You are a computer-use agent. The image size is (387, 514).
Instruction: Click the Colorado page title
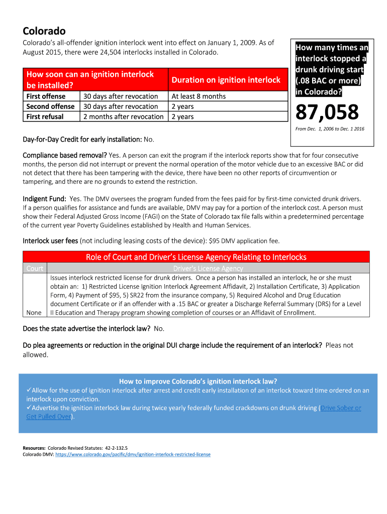pyautogui.click(x=44, y=31)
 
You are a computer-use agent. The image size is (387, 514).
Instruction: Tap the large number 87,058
pyautogui.click(x=327, y=112)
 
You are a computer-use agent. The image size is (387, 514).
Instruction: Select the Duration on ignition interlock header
pyautogui.click(x=226, y=80)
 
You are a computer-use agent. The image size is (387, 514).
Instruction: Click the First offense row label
pyautogui.click(x=46, y=96)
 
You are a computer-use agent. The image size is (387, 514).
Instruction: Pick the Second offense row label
pyautogui.click(x=50, y=106)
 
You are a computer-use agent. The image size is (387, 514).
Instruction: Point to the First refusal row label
pyautogui.click(x=45, y=116)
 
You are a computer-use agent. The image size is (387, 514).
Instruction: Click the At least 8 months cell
pyautogui.click(x=199, y=96)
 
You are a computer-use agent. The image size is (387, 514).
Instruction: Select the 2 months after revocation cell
pyautogui.click(x=123, y=116)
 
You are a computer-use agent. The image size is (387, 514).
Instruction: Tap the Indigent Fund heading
pyautogui.click(x=45, y=198)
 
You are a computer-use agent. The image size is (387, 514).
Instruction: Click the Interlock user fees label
pyautogui.click(x=50, y=241)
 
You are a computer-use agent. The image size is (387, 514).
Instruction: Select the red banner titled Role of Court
pyautogui.click(x=196, y=257)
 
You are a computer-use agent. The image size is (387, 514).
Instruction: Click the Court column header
pyautogui.click(x=35, y=269)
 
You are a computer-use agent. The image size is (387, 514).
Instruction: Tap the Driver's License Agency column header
pyautogui.click(x=208, y=269)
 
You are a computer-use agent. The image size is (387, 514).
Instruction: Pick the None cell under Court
pyautogui.click(x=34, y=312)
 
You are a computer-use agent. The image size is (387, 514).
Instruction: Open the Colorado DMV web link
pyautogui.click(x=133, y=454)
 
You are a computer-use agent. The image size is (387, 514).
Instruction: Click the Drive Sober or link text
pyautogui.click(x=341, y=408)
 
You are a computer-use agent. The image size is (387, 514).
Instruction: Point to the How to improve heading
pyautogui.click(x=198, y=381)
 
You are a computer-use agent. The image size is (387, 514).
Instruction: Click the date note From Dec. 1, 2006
pyautogui.click(x=329, y=129)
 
